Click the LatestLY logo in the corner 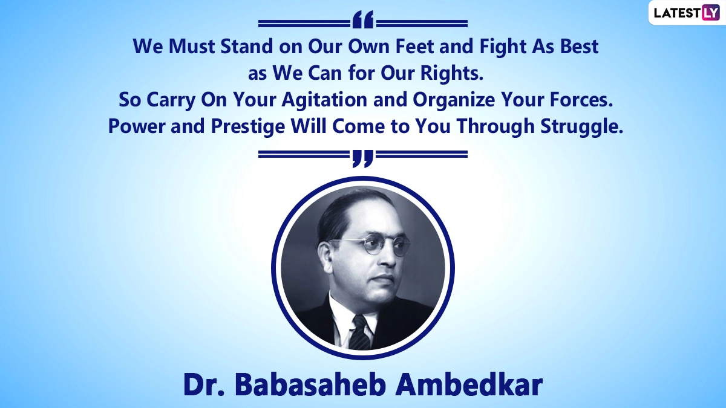(x=687, y=13)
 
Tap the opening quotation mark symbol (x=363, y=19)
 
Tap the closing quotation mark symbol (x=363, y=158)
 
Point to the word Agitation (x=324, y=100)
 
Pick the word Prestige (x=248, y=126)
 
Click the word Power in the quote (x=137, y=126)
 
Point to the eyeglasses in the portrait (x=370, y=245)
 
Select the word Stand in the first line (x=247, y=47)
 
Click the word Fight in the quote (x=503, y=47)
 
